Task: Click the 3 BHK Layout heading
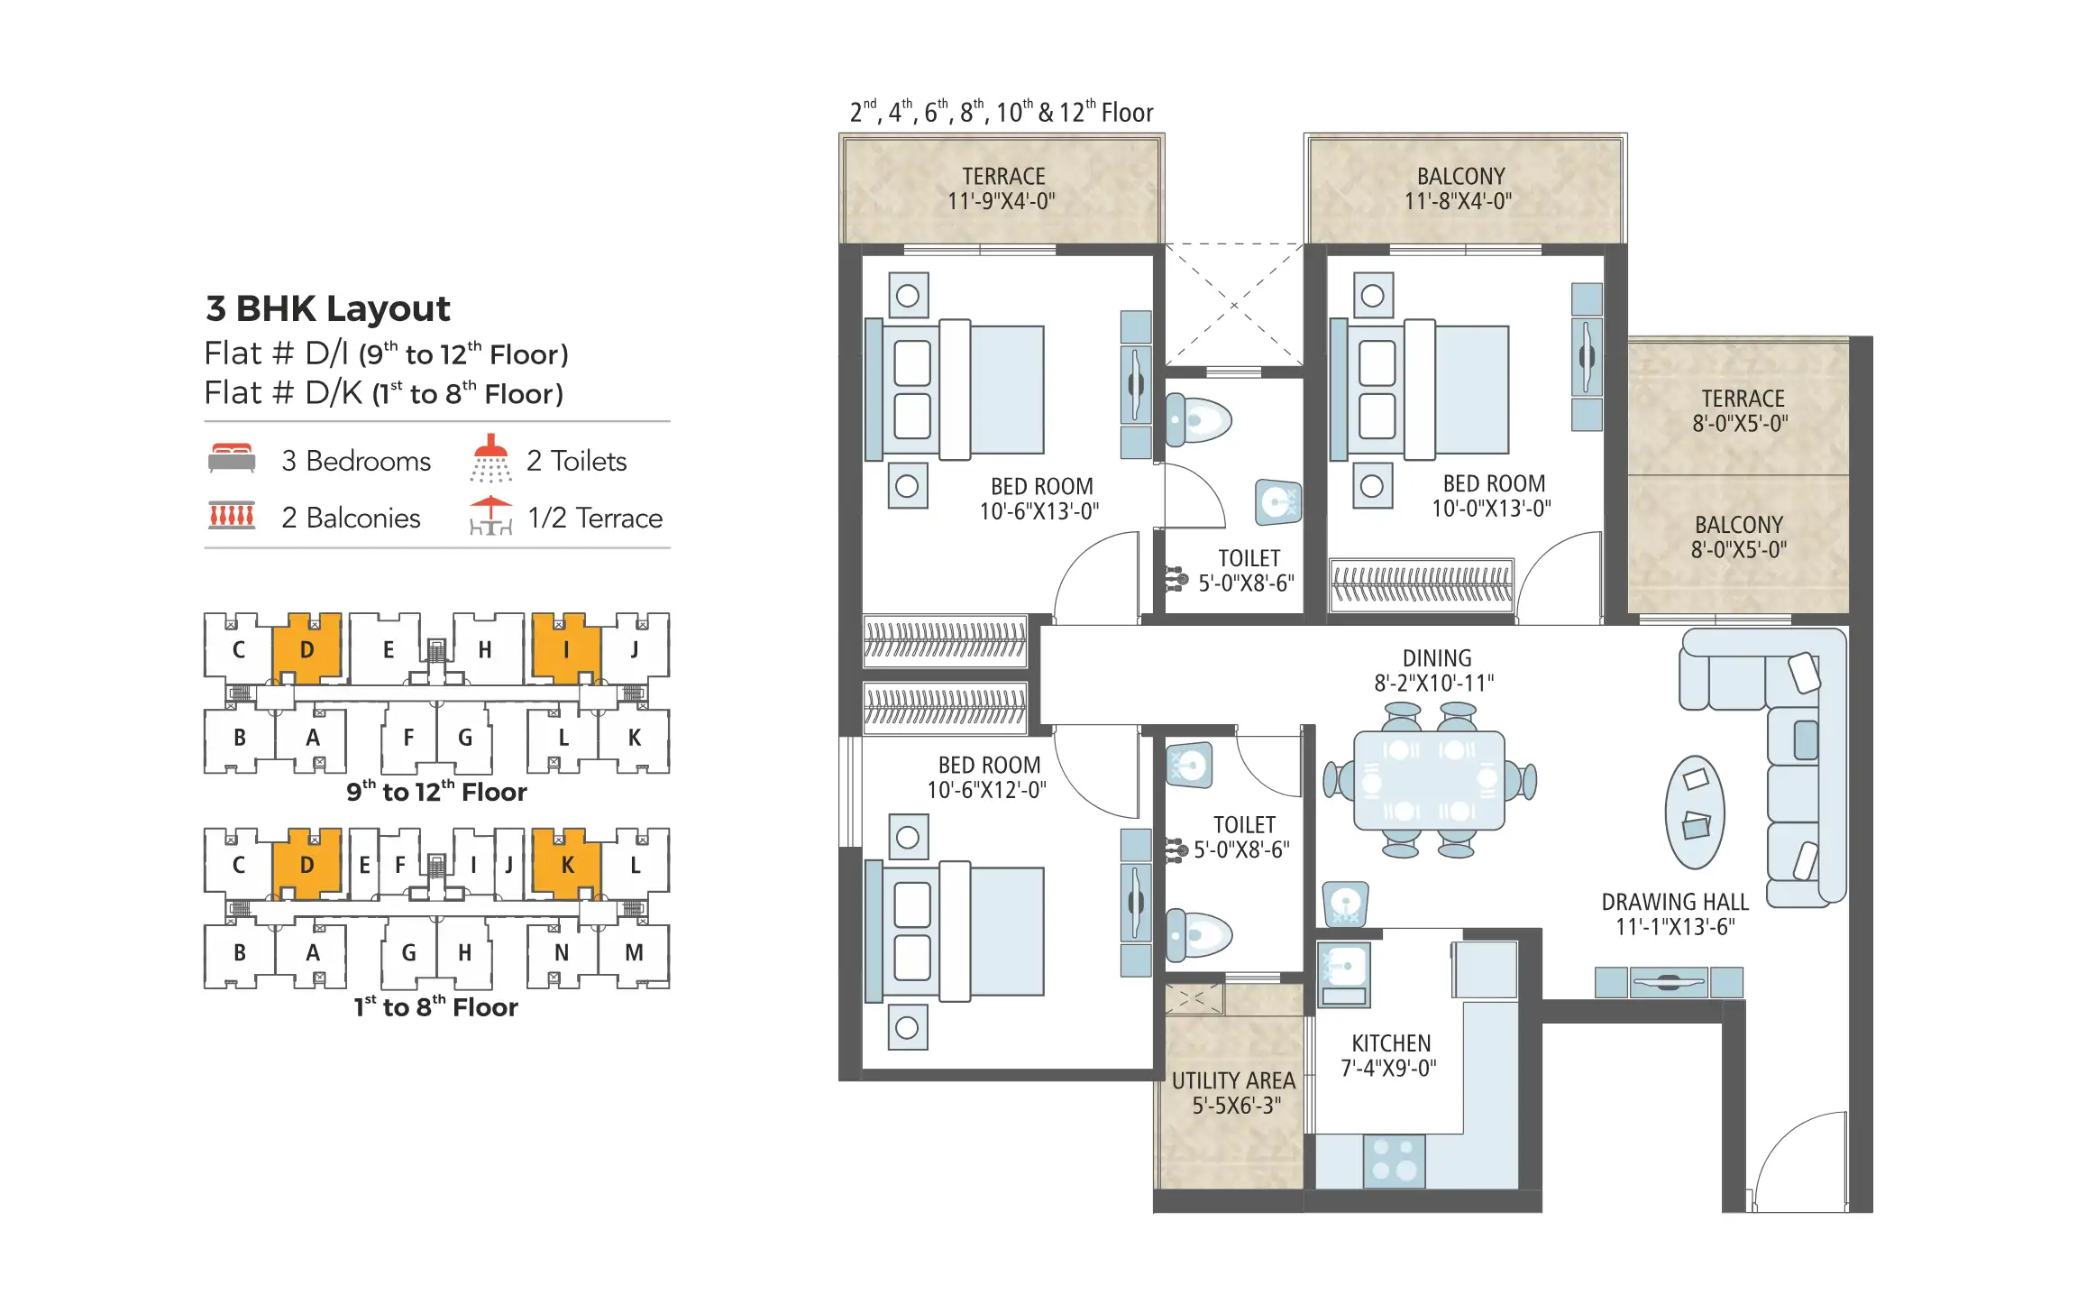tap(327, 308)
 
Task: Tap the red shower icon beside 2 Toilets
tap(490, 458)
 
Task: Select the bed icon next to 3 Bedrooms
tap(232, 458)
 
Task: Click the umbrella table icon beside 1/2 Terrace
tap(490, 516)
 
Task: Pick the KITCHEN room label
tap(1390, 1044)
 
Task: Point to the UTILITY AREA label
tap(1233, 1081)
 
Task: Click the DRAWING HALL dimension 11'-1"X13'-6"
tap(1674, 927)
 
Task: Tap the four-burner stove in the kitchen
tap(1394, 1161)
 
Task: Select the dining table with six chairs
tap(1429, 781)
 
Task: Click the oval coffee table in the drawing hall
tap(1695, 813)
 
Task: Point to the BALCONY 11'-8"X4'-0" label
tap(1460, 188)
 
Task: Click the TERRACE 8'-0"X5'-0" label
tap(1742, 411)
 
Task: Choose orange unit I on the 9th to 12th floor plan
tap(565, 648)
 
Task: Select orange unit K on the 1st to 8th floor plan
tap(566, 864)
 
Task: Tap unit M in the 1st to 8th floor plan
tap(634, 953)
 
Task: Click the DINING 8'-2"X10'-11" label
tap(1435, 671)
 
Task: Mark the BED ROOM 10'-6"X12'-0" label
tap(988, 777)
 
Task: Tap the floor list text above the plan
tap(1001, 113)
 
